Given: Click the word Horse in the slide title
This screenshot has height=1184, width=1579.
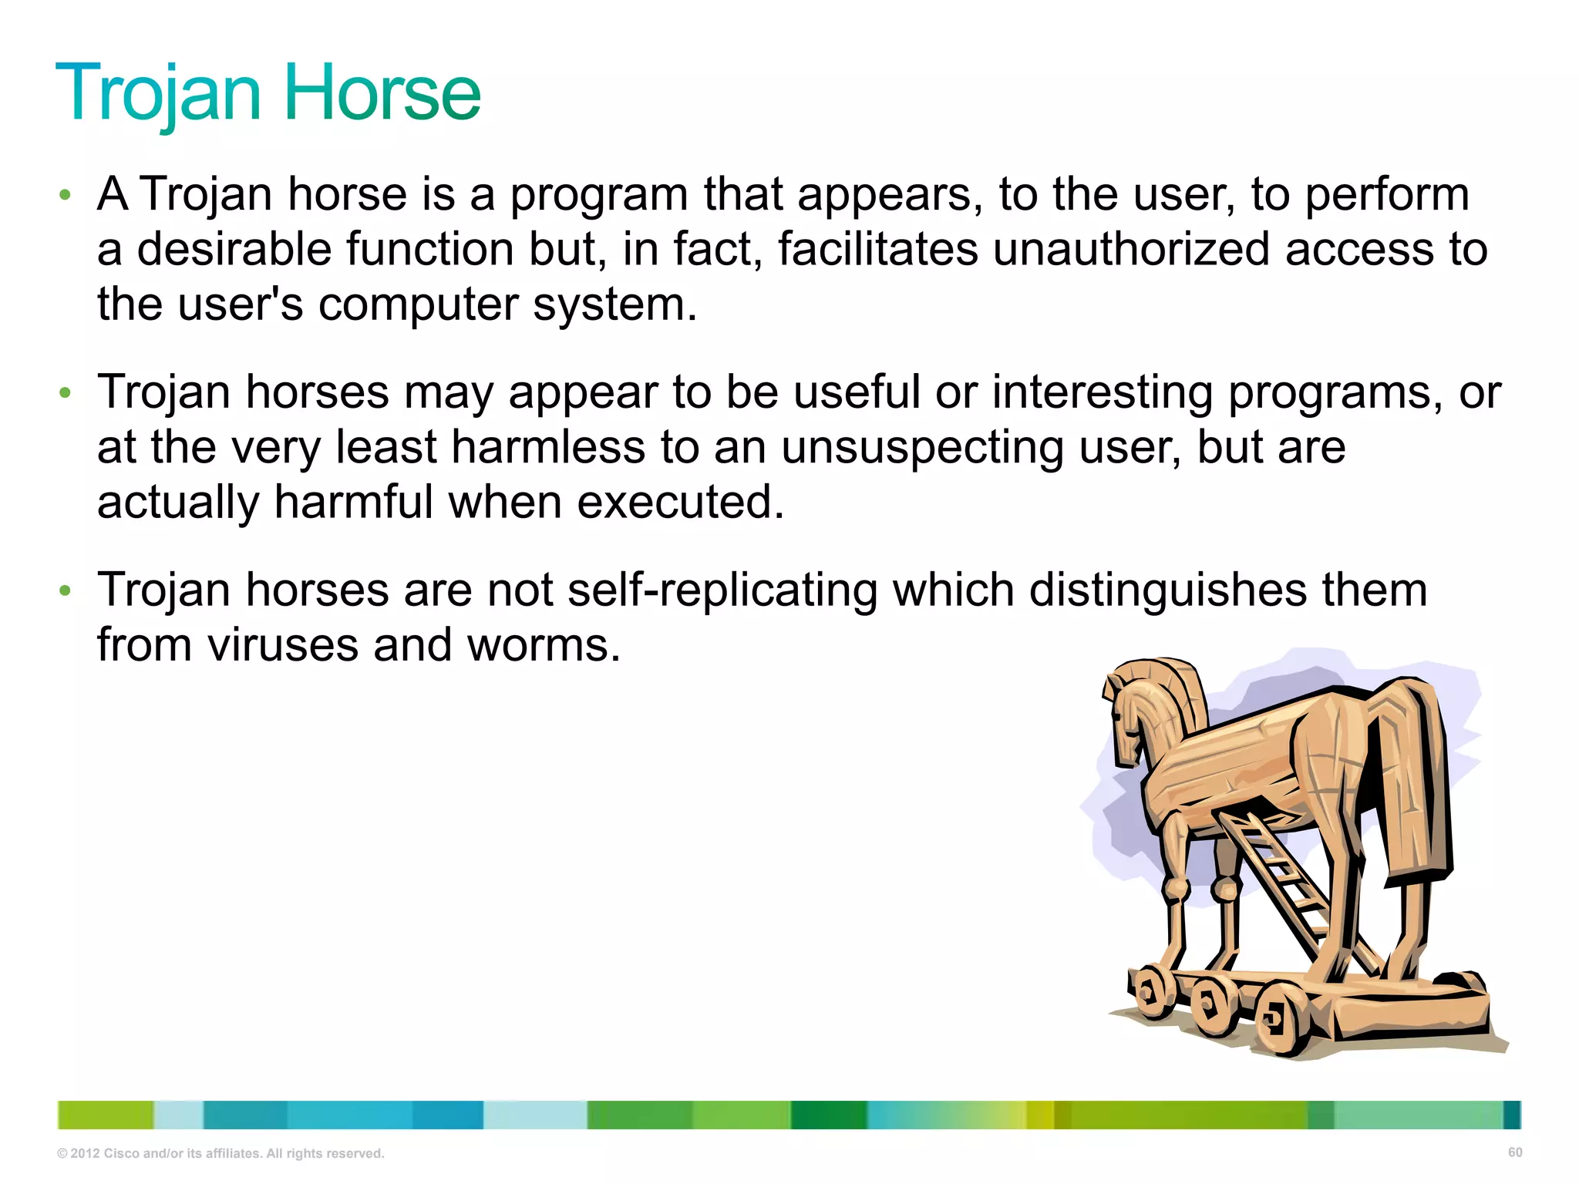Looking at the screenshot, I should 382,93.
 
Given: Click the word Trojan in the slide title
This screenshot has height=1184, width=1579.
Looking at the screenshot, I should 158,93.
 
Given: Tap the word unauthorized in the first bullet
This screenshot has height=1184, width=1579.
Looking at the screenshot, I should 1130,250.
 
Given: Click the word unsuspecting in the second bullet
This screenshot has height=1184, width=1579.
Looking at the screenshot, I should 923,448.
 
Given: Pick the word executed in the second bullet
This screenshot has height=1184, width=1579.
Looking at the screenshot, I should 681,503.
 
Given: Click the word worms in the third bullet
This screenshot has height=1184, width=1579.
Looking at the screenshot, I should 544,645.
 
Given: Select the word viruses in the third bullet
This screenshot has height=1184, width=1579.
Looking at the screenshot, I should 283,645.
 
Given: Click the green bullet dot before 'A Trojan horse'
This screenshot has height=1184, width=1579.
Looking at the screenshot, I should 66,195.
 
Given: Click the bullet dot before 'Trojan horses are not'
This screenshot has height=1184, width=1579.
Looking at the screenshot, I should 66,591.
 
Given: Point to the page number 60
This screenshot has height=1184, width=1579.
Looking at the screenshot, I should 1514,1152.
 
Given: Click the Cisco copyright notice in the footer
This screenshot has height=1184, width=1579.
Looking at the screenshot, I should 221,1153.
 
